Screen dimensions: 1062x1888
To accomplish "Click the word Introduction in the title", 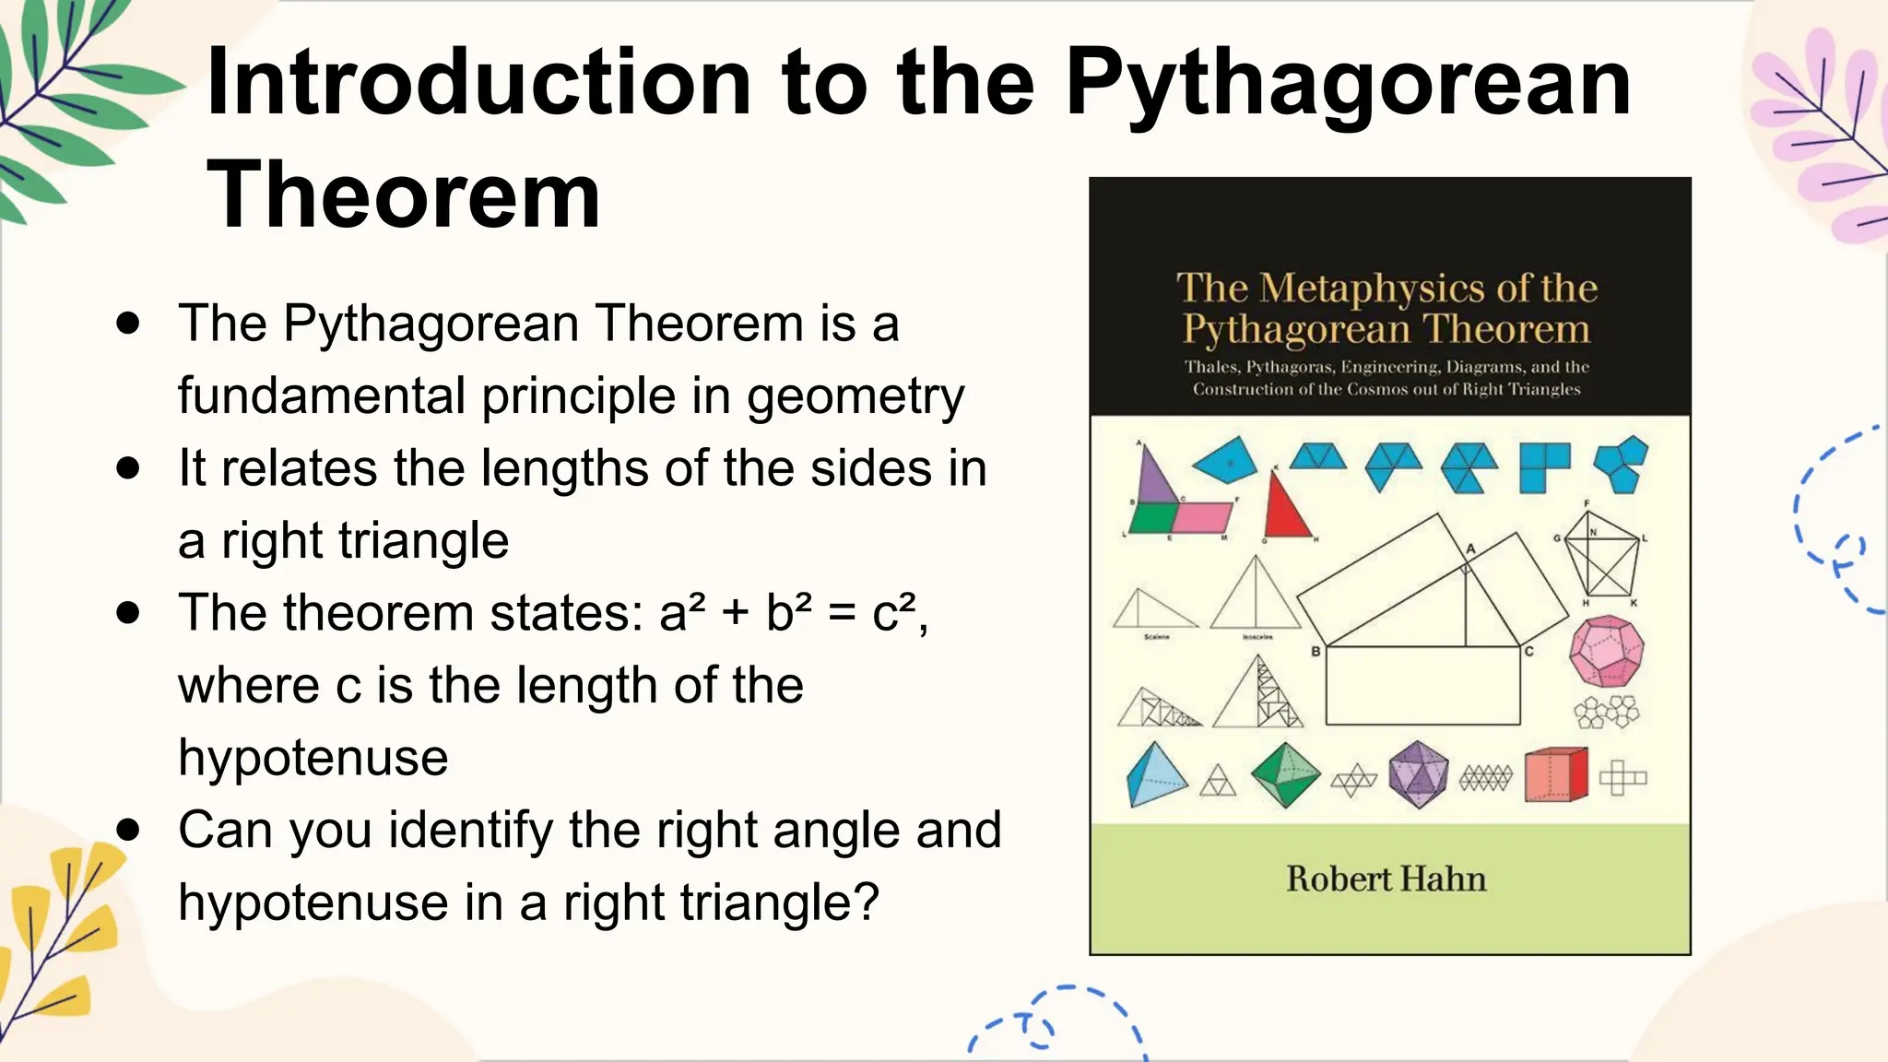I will pyautogui.click(x=479, y=83).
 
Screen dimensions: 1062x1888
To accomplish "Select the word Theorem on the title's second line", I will pyautogui.click(x=404, y=195).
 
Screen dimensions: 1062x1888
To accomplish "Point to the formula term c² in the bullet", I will pyautogui.click(x=894, y=613).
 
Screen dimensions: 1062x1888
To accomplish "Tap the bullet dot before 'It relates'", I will pyautogui.click(x=128, y=468).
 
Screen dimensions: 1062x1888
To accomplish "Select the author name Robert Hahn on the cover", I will pyautogui.click(x=1386, y=879).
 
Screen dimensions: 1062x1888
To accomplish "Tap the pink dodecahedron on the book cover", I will pyautogui.click(x=1606, y=651).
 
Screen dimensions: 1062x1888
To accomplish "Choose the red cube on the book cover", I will pyautogui.click(x=1555, y=775).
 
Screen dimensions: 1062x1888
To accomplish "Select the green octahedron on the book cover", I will pyautogui.click(x=1285, y=775).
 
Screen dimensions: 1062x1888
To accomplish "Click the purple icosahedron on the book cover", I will pyautogui.click(x=1418, y=774).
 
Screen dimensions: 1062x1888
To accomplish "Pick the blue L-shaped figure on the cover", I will pyautogui.click(x=1542, y=466).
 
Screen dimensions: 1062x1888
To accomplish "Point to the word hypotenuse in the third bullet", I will pyautogui.click(x=313, y=758).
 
